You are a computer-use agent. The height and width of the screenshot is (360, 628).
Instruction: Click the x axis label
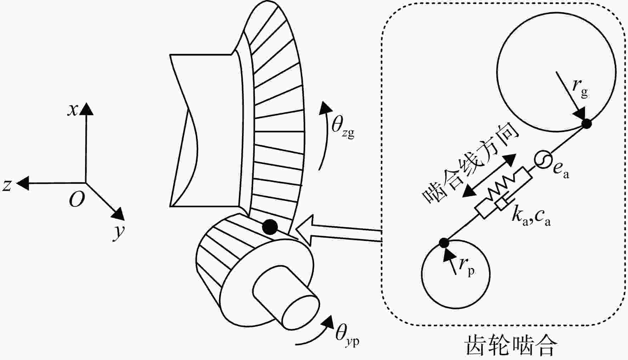(x=73, y=110)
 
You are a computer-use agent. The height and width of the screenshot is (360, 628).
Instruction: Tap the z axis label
(x=7, y=185)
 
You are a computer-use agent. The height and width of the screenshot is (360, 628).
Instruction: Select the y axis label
(x=119, y=232)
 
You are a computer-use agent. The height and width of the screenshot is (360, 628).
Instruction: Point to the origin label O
(x=77, y=200)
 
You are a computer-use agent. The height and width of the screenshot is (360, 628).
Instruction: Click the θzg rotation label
(x=343, y=126)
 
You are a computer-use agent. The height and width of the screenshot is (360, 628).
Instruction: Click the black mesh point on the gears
(x=270, y=227)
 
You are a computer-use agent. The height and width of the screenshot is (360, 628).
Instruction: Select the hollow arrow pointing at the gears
(x=338, y=231)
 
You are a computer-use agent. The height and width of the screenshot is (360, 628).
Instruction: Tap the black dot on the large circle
(x=587, y=124)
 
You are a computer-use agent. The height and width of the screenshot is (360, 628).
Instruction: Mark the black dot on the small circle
(x=444, y=243)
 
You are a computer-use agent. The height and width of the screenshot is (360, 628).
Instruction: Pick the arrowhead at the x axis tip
(x=86, y=109)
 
